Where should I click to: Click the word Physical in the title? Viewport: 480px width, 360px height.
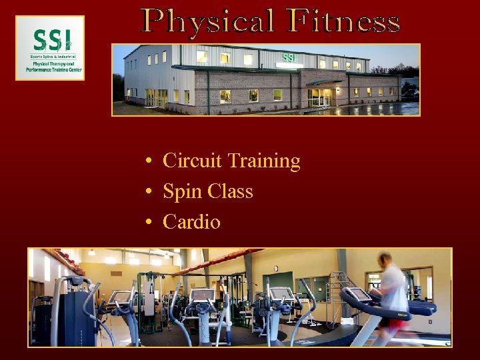pyautogui.click(x=208, y=21)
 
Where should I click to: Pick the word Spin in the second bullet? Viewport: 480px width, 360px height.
pyautogui.click(x=182, y=192)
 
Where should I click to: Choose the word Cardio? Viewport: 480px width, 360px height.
pyautogui.click(x=191, y=222)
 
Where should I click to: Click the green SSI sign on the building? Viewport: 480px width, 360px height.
pyautogui.click(x=289, y=58)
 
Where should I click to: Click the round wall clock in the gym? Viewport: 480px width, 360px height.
pyautogui.click(x=275, y=269)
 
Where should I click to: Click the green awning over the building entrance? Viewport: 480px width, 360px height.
pyautogui.click(x=322, y=83)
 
